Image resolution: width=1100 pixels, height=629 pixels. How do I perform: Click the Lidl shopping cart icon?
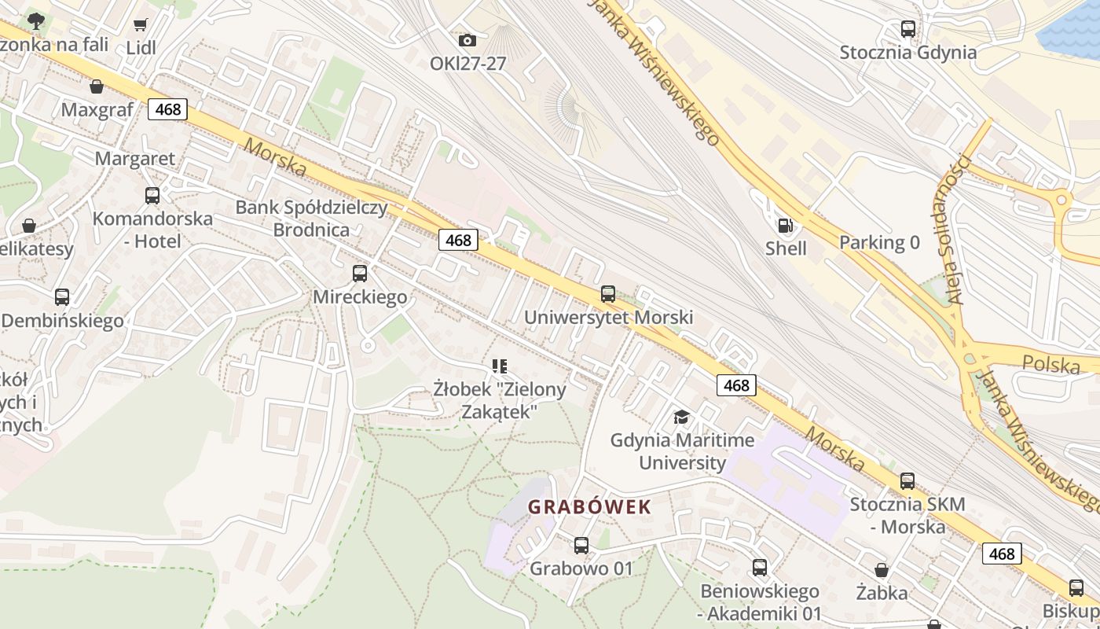(140, 25)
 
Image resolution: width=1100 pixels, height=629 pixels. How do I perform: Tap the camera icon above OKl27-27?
(467, 40)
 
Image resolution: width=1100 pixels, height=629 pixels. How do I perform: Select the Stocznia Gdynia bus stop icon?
(907, 29)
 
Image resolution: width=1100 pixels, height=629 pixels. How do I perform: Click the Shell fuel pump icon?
(785, 226)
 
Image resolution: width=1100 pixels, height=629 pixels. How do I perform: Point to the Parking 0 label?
(879, 242)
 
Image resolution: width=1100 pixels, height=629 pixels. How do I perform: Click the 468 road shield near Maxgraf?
(167, 109)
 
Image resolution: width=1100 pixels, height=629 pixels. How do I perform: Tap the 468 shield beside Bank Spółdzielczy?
(458, 240)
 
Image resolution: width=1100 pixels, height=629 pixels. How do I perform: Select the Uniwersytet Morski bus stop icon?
(607, 294)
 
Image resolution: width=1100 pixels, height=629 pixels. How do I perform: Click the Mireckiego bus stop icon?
(360, 274)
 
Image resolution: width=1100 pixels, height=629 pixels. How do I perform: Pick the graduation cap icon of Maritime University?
(681, 417)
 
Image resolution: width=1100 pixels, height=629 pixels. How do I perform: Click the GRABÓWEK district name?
(589, 507)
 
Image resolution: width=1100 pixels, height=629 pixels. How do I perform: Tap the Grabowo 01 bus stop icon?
(581, 545)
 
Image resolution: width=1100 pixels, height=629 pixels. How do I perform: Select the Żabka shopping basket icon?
(882, 570)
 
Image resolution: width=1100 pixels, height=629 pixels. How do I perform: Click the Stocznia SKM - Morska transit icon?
(907, 480)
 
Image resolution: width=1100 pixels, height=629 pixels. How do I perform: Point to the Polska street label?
(1051, 364)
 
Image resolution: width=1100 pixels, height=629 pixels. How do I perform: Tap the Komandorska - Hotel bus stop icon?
(152, 195)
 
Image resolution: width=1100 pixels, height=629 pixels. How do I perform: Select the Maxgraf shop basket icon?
(97, 86)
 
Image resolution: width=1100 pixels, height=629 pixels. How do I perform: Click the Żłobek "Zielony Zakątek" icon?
(500, 366)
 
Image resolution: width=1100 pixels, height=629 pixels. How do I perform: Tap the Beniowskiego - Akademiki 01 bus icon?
(759, 567)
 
